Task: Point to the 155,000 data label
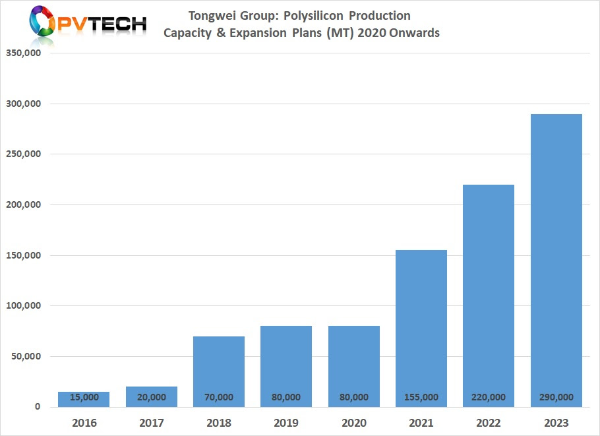click(421, 397)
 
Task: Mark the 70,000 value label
click(218, 397)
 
